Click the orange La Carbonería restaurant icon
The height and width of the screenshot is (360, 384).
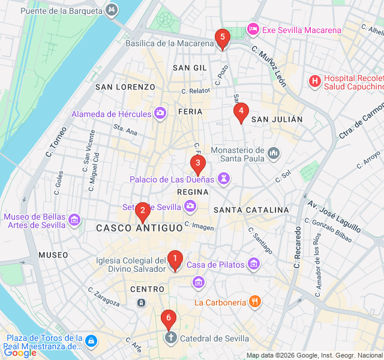tap(255, 302)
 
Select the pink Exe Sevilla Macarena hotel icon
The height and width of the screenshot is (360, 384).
tap(253, 29)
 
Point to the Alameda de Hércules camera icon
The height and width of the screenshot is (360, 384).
tap(160, 113)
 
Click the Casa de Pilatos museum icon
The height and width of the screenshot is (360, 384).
tap(254, 264)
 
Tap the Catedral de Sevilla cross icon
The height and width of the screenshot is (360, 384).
tap(170, 338)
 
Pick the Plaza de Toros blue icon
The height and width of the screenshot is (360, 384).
tap(91, 341)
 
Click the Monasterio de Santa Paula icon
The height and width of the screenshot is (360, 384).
tap(274, 154)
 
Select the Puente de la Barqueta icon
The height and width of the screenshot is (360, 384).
tap(112, 10)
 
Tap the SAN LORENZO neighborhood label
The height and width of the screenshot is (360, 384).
tap(125, 87)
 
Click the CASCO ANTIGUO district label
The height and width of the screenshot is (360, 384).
tap(139, 228)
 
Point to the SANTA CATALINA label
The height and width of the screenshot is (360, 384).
tap(251, 210)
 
